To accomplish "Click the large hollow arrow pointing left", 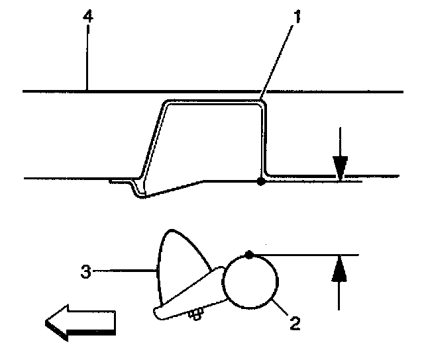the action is pyautogui.click(x=79, y=323).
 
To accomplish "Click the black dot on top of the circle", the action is pyautogui.click(x=248, y=254).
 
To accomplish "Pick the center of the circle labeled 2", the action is pyautogui.click(x=250, y=282).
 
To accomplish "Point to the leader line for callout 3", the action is pyautogui.click(x=123, y=270).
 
